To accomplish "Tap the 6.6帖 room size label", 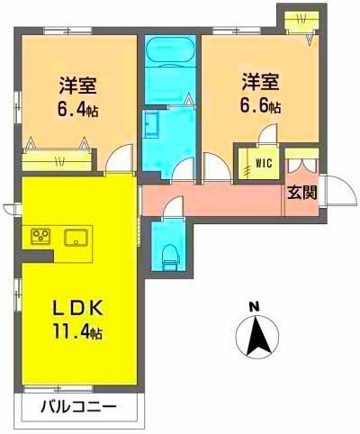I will pyautogui.click(x=258, y=105).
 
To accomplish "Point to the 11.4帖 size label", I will pyautogui.click(x=76, y=332).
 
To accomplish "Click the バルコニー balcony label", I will pyautogui.click(x=78, y=408).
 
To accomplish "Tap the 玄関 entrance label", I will pyautogui.click(x=301, y=192).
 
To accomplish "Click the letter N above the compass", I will pyautogui.click(x=254, y=307).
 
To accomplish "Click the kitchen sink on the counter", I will pyautogui.click(x=75, y=238).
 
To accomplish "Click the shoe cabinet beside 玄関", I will pyautogui.click(x=301, y=167).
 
